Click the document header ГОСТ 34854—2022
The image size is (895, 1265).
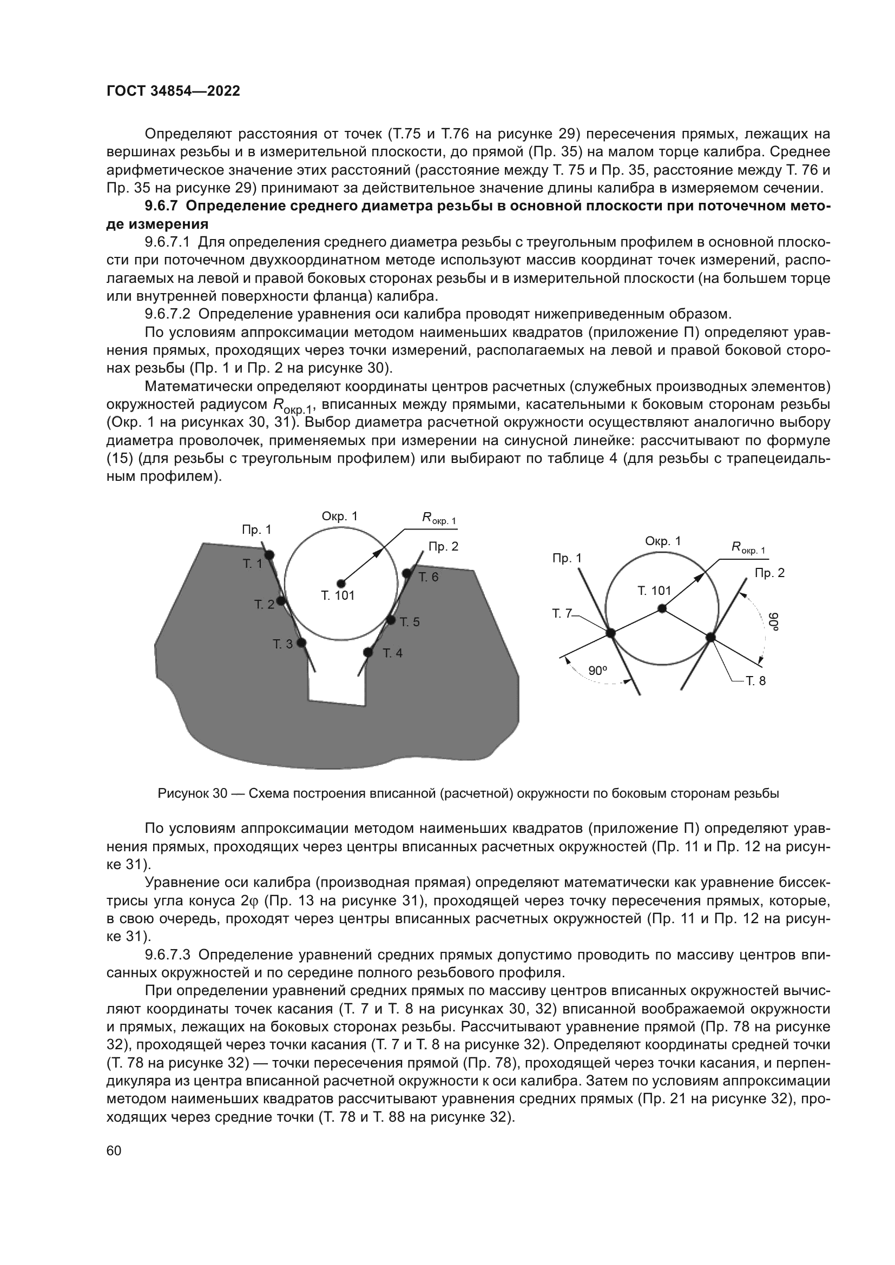click(x=173, y=91)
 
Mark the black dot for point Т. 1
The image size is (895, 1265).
click(x=269, y=555)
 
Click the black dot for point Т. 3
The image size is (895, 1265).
click(x=301, y=643)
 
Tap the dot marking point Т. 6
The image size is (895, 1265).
click(x=407, y=573)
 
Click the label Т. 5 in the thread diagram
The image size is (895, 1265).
click(x=410, y=622)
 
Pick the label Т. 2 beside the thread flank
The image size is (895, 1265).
click(x=264, y=605)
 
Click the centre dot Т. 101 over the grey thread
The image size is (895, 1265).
click(x=341, y=583)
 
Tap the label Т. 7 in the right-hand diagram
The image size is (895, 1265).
click(x=562, y=613)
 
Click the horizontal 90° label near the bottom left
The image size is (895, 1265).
click(x=597, y=671)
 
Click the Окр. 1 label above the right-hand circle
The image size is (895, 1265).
click(x=663, y=541)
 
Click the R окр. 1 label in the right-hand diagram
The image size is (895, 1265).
click(x=748, y=548)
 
